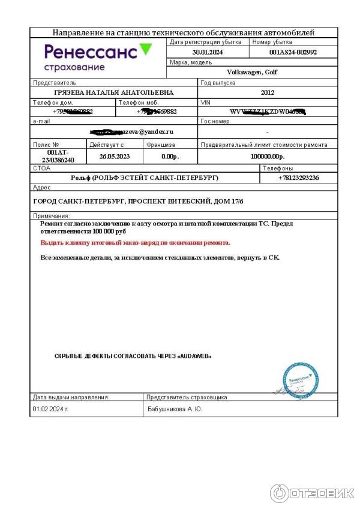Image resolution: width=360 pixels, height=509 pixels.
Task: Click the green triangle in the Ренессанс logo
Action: (145, 50)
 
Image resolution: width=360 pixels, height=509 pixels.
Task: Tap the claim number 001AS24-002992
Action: (293, 52)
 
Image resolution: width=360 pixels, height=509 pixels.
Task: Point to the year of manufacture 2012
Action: (268, 92)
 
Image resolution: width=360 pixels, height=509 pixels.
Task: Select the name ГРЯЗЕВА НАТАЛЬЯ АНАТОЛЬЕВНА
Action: (113, 92)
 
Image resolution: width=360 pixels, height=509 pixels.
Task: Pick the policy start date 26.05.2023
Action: (115, 156)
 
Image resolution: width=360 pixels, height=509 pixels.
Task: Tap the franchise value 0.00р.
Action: (170, 156)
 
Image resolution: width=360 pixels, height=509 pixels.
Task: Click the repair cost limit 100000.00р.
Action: (267, 156)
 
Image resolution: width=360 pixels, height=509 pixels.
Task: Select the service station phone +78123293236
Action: (298, 178)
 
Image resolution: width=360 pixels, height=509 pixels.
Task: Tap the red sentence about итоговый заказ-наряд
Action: (135, 243)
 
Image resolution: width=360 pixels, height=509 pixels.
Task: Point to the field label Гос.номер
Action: (215, 121)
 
